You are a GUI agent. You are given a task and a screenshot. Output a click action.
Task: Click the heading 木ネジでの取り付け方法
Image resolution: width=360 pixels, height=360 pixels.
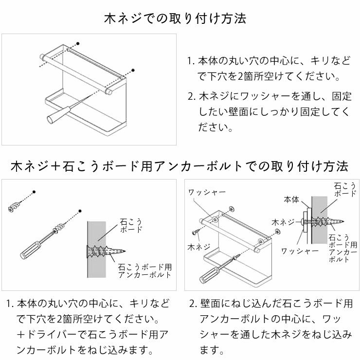pos(175,19)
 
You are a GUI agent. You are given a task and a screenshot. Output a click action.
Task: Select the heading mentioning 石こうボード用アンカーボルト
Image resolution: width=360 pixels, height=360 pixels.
pos(180,166)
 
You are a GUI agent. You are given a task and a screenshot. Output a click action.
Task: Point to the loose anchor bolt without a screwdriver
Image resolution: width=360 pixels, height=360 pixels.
pos(15,205)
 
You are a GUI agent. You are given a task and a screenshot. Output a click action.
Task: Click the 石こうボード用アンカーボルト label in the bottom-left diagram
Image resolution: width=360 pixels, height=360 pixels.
pos(145,271)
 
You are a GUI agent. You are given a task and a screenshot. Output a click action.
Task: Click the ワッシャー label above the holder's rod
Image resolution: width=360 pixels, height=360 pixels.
pos(207,192)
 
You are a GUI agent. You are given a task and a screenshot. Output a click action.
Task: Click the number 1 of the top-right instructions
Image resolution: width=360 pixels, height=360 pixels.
pos(191,62)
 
